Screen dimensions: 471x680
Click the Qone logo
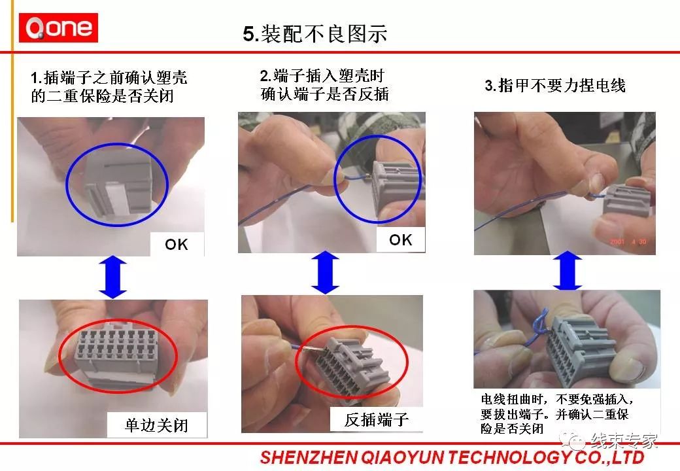pos(58,28)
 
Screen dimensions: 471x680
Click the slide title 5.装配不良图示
pos(315,33)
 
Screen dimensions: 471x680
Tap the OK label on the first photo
pos(176,244)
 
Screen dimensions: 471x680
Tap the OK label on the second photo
pos(400,239)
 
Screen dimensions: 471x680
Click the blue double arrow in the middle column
pos(325,273)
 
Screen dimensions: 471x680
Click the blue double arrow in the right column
pos(567,273)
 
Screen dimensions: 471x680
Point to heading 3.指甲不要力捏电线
pos(554,86)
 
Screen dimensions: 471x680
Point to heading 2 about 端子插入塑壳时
pos(324,85)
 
